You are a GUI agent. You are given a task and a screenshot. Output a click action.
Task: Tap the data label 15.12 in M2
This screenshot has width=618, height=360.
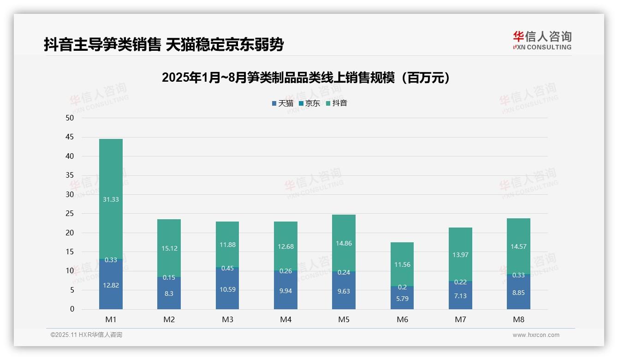pos(169,248)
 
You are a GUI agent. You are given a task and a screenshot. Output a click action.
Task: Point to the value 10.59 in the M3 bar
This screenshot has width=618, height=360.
pos(227,290)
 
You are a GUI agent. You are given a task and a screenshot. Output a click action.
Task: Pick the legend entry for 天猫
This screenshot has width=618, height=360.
pos(282,103)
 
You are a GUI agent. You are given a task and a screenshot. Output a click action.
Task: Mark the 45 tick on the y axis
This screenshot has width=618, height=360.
pos(70,137)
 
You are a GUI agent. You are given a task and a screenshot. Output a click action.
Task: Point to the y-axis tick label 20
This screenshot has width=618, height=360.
pos(70,233)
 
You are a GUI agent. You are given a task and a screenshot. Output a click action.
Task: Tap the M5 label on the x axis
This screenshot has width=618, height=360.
pos(344,319)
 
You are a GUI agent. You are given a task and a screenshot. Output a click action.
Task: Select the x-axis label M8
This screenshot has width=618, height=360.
pos(518,319)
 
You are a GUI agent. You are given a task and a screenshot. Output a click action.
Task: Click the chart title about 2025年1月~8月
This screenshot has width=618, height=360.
pos(306,78)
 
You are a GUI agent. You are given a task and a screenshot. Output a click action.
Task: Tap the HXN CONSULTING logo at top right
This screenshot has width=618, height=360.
pos(542,40)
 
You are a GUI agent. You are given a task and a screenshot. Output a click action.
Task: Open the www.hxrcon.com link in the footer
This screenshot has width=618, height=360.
pos(536,335)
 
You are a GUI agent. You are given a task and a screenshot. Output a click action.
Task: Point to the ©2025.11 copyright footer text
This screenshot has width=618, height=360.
pos(86,335)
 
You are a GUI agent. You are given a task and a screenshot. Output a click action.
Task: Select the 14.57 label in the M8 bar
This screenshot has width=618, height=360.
pos(518,246)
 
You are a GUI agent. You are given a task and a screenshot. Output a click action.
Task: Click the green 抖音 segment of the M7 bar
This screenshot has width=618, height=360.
pos(460,240)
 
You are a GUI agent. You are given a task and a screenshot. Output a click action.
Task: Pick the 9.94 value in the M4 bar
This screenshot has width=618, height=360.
pos(285,291)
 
